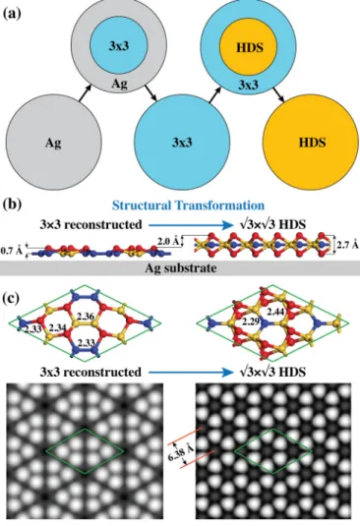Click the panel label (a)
pos(12,14)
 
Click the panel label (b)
pos(12,205)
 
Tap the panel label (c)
pos(12,298)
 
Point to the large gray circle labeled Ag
pos(53,143)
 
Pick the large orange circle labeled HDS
pos(311,142)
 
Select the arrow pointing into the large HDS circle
pos(278,94)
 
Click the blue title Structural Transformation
pos(188,205)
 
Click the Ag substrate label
pos(181,268)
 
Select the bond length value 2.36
pos(85,316)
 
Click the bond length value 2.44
pos(276,312)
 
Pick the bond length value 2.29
pos(252,322)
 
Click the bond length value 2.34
pos(57,327)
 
